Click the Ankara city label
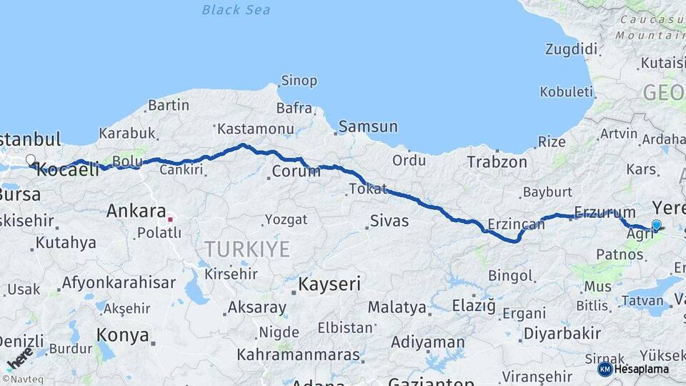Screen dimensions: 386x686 (x=136, y=211)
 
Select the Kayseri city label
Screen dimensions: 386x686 (x=329, y=284)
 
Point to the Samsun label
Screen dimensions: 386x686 (x=368, y=127)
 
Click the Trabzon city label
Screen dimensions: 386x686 (x=497, y=162)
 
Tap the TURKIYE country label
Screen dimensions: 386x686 (x=247, y=249)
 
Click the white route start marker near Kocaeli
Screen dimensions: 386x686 (x=31, y=160)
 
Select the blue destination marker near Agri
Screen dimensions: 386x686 (x=657, y=225)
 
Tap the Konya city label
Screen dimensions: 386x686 (x=123, y=335)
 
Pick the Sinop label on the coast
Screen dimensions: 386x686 (x=299, y=81)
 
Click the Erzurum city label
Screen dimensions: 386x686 (x=605, y=212)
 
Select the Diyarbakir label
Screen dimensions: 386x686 (x=562, y=333)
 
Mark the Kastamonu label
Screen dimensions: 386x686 (x=256, y=129)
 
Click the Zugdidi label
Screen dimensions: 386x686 (x=570, y=49)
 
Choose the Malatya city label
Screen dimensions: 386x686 (x=397, y=307)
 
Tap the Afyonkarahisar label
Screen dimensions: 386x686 (x=119, y=282)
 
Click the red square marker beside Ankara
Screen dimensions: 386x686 (x=170, y=212)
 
